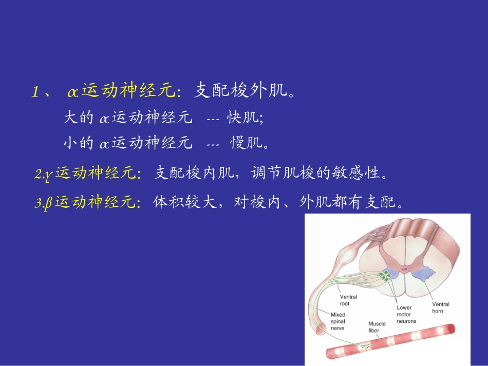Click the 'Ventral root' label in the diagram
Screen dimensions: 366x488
[348, 300]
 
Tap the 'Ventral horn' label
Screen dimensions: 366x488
[440, 307]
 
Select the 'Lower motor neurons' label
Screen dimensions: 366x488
[406, 314]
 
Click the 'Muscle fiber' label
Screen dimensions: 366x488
[377, 327]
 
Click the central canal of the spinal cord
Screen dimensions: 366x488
[405, 267]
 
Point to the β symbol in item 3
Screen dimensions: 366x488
[48, 203]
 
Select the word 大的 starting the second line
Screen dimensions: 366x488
[78, 118]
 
